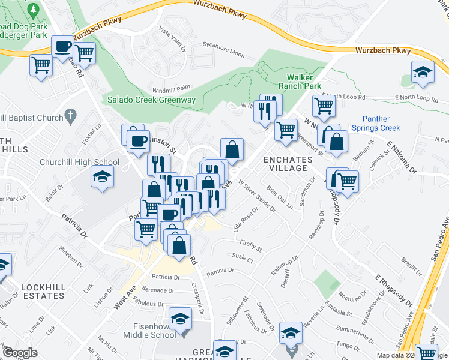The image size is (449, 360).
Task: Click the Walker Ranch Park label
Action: tap(304, 82)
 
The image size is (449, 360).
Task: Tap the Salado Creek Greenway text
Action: tap(152, 100)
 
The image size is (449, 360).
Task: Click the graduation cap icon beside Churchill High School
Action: tap(102, 177)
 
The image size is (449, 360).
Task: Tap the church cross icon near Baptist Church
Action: tap(70, 115)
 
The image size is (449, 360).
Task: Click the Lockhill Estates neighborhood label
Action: tap(43, 292)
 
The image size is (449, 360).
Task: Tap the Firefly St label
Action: tap(251, 245)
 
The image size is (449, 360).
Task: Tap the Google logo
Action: tap(20, 352)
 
